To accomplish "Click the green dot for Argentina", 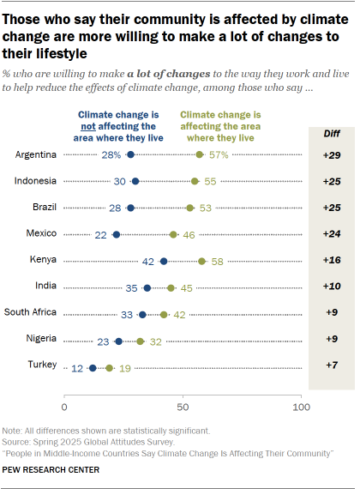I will [200, 154].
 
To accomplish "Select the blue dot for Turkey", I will [93, 368].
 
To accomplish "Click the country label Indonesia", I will [37, 181].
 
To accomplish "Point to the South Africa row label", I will [30, 314].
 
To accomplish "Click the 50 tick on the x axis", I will [183, 405].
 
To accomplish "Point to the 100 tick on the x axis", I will [300, 405].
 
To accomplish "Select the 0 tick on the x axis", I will [65, 405].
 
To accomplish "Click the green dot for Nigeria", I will [141, 341].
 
